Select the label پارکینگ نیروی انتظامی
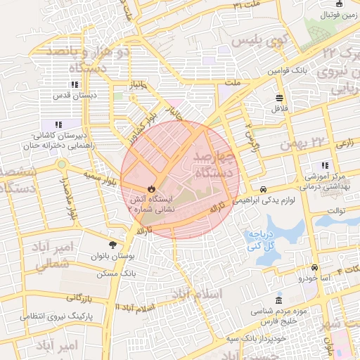[54, 316]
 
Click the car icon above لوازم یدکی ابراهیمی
[263, 190]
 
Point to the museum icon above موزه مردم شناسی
[280, 300]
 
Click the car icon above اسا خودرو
[314, 268]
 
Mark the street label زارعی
[345, 143]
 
